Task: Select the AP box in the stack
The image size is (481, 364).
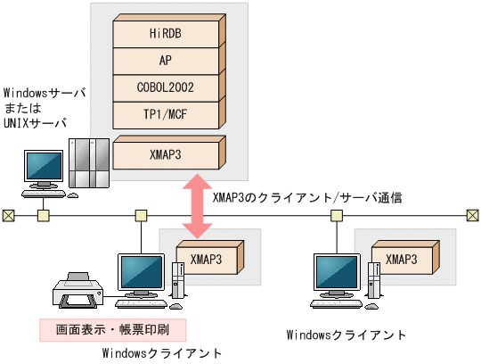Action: pos(166,61)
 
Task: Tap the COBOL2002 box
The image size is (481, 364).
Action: pos(166,88)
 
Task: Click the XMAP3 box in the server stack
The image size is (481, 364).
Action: pos(166,153)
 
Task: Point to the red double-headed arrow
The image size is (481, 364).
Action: pos(197,207)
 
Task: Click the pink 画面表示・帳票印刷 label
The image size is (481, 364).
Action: pos(118,329)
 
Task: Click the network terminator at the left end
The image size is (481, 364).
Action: pos(8,215)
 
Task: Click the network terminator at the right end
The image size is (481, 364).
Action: pos(472,215)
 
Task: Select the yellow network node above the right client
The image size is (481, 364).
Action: pos(337,215)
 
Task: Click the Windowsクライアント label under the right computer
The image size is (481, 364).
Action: pos(346,335)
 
